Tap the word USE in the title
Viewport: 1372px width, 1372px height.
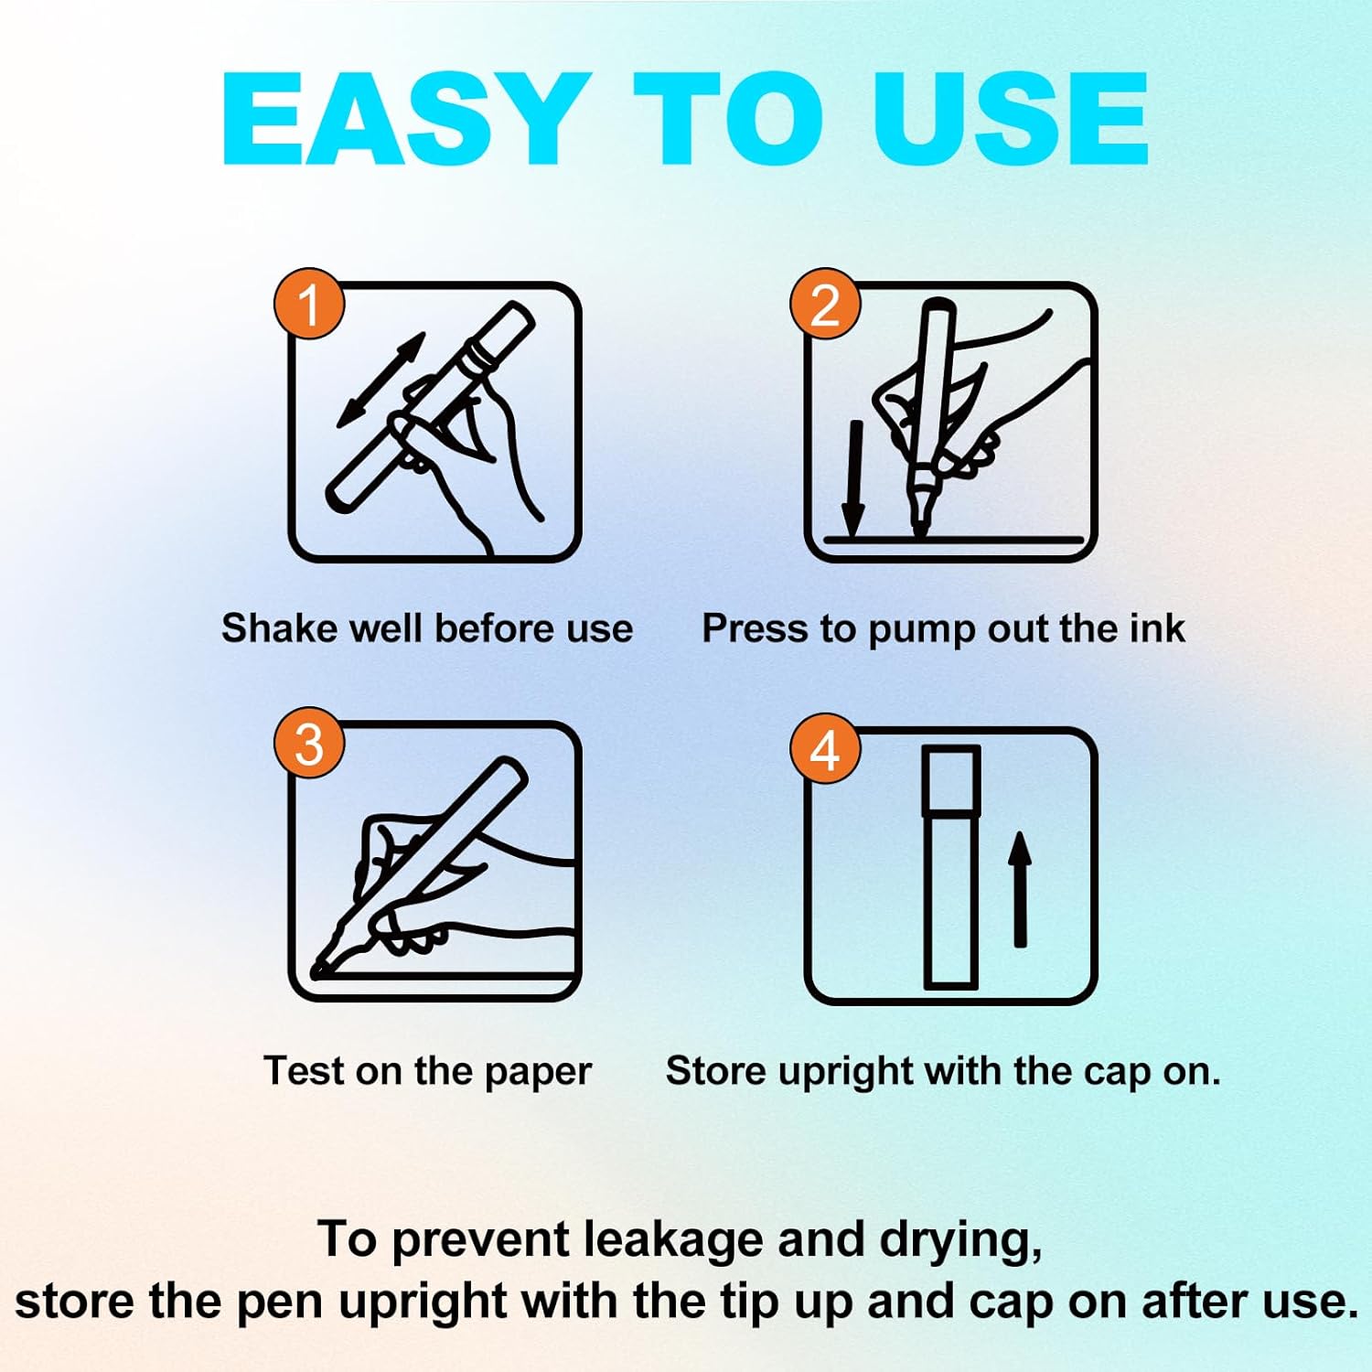pos(1011,119)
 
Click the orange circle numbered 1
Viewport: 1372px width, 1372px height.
pos(309,304)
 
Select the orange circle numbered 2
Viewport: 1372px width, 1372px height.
pos(825,304)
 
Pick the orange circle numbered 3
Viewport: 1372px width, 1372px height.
pos(309,743)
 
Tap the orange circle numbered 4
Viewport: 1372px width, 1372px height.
pos(825,749)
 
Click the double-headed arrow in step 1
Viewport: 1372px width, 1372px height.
pos(381,380)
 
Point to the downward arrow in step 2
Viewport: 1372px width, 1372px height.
pos(853,478)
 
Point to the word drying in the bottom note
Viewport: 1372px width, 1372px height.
pos(960,1241)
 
